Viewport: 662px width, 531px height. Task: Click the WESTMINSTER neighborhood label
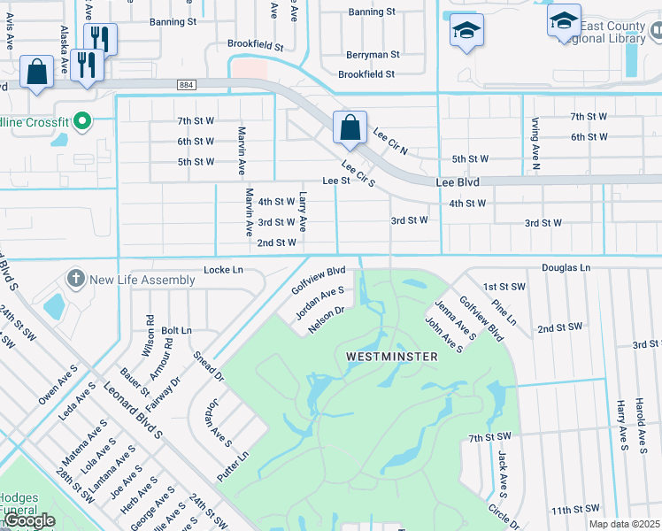tap(391, 357)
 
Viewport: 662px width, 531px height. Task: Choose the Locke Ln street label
tap(223, 269)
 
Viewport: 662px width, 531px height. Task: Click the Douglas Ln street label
tap(566, 267)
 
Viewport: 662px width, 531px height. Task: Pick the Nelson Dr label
tap(326, 320)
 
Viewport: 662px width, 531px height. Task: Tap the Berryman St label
tap(373, 54)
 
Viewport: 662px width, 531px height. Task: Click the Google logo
tap(28, 520)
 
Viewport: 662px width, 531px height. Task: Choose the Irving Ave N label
tap(535, 142)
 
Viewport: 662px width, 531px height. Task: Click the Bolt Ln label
tap(177, 330)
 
